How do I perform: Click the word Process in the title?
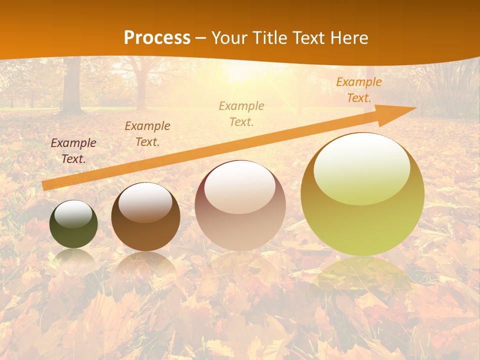[157, 38]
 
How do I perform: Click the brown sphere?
[145, 225]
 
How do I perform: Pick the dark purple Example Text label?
[73, 150]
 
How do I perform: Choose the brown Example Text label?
[147, 134]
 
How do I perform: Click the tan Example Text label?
[241, 113]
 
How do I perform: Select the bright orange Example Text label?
[358, 90]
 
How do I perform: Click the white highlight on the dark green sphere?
[73, 214]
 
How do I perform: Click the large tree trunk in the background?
[71, 85]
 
